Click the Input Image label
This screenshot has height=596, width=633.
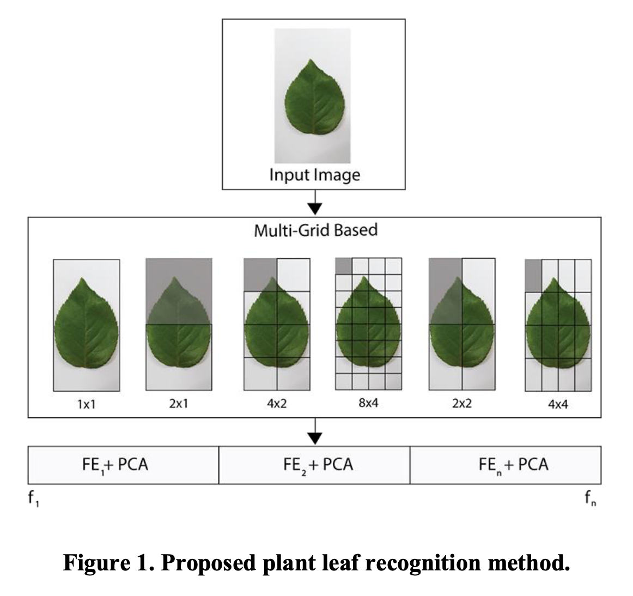[x=314, y=175]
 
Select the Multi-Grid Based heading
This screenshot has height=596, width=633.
[x=315, y=230]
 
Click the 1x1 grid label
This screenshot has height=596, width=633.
[x=87, y=404]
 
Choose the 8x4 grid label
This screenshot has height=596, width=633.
[x=368, y=404]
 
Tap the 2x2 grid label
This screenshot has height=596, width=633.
[x=462, y=404]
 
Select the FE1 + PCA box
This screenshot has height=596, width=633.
[x=123, y=465]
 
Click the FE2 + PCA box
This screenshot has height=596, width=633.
[x=314, y=465]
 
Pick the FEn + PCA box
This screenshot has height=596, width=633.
[x=506, y=465]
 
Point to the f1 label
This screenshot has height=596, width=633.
[x=33, y=497]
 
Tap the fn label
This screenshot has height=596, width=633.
[x=590, y=497]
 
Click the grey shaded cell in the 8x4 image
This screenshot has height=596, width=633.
[x=343, y=266]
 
